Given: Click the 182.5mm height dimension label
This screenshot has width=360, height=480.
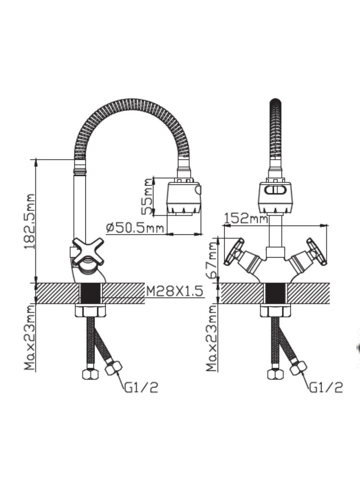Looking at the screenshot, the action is (30, 221).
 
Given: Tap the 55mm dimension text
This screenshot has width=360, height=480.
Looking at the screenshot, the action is (147, 196).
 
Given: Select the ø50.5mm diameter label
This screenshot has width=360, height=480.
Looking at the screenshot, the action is (135, 228).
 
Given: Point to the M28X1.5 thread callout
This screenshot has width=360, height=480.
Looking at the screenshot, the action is (175, 291).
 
